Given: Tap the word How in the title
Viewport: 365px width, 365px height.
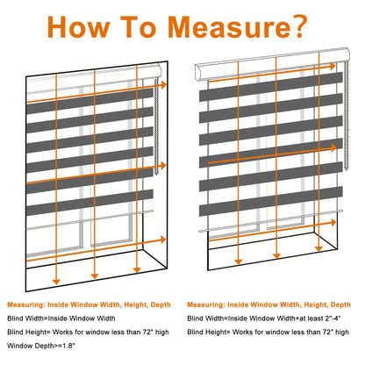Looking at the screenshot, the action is pos(78,27).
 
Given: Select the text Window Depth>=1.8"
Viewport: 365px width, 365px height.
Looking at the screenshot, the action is pos(41,346).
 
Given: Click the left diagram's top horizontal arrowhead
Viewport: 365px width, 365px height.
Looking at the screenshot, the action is pos(163,85).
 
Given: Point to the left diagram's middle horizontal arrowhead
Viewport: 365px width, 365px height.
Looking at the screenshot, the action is pos(163,166).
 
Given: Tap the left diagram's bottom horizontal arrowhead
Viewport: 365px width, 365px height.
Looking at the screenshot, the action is pos(163,240).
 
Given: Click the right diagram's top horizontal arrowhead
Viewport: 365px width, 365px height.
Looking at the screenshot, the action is pos(333,67).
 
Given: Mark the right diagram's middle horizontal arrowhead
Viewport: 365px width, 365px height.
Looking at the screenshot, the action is pos(333,148).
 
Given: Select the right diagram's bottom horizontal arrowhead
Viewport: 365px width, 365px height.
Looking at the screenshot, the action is pos(333,223).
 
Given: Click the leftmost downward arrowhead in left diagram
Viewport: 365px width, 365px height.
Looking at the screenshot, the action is pos(56,282).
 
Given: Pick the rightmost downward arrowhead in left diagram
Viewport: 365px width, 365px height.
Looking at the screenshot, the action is pos(137,269).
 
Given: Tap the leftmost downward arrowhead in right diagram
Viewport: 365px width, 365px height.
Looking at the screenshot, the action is pos(239,261).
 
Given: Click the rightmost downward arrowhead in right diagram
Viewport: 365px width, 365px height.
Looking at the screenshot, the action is pos(318,248).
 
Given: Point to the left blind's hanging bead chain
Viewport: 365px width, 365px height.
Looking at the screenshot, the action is pos(156,126).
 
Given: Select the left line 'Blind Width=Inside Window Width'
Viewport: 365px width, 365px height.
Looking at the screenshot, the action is pos(61,318).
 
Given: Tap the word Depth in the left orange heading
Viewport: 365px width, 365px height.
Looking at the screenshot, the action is pos(161,305).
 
